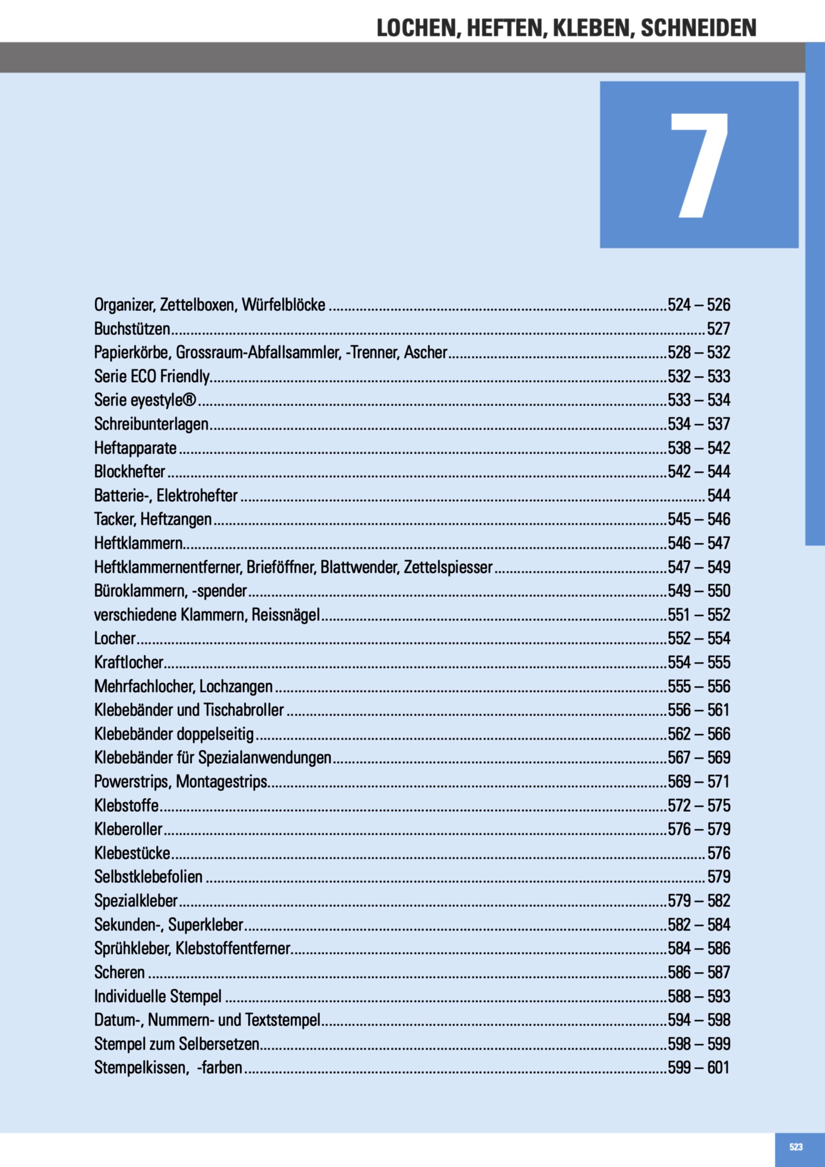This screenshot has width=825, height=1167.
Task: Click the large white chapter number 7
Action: (x=700, y=165)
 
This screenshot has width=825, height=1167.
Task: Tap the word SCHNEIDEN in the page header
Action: (x=698, y=28)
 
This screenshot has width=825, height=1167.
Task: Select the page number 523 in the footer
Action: (x=795, y=1147)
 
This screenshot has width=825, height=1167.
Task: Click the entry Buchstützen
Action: (x=132, y=329)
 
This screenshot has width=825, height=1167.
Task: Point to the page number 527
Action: (x=718, y=329)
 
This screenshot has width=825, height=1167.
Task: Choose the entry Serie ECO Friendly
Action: (x=152, y=377)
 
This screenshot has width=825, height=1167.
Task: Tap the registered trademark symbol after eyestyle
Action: (x=189, y=400)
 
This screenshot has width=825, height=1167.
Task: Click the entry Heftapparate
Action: (x=135, y=448)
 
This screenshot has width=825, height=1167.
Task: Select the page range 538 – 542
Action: (x=699, y=448)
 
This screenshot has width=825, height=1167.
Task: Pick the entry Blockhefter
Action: (x=130, y=472)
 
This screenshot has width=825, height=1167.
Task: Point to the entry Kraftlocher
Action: (x=128, y=663)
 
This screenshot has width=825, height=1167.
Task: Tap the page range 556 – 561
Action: (x=699, y=710)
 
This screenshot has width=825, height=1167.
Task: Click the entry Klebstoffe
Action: (x=126, y=806)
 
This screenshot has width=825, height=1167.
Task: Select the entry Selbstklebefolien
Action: (x=148, y=877)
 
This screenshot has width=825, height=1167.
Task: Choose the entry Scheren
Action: (x=120, y=972)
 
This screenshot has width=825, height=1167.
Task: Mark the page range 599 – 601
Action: (x=699, y=1067)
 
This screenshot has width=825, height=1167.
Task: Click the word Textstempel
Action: (x=283, y=1020)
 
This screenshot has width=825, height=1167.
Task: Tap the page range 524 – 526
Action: (x=699, y=305)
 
